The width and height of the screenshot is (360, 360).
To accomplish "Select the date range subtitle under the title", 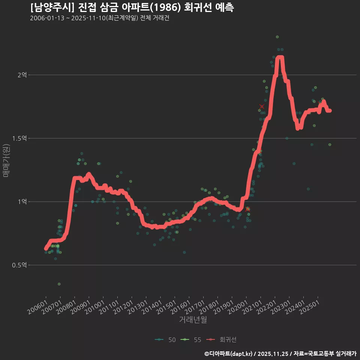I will point(99,18).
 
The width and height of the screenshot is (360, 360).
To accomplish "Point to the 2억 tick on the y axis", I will point(22,75).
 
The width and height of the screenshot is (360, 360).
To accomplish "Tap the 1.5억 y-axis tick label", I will point(19,138).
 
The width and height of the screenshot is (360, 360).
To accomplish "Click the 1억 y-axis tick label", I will point(22,202).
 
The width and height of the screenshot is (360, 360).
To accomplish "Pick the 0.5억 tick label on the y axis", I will point(19,265).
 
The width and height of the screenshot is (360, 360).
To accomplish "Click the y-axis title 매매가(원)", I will point(6,160).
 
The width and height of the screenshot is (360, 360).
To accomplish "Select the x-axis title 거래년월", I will point(193,319).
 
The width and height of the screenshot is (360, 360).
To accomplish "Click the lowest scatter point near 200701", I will point(59,284).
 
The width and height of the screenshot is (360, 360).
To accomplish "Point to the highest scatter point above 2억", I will point(277,37).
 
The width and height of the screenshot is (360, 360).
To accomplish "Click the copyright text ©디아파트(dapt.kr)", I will point(229,354).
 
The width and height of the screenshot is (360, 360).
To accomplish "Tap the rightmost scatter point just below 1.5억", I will point(330,144).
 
